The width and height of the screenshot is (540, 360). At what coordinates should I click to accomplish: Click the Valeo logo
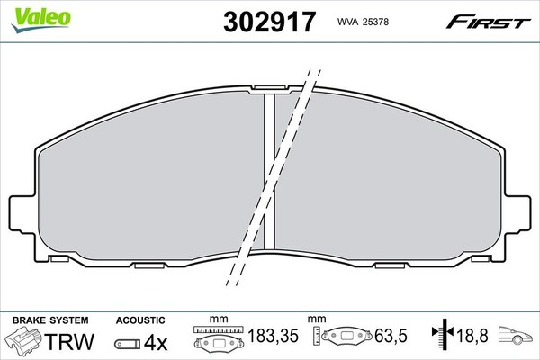tap(41, 19)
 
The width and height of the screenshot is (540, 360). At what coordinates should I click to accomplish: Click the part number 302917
tap(269, 22)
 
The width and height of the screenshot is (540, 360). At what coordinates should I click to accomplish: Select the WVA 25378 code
tap(363, 22)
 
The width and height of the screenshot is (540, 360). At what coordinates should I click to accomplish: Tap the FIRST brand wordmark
tap(489, 22)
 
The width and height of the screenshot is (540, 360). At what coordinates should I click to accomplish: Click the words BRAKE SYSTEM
tap(50, 320)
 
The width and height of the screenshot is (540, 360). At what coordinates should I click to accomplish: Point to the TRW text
tap(69, 341)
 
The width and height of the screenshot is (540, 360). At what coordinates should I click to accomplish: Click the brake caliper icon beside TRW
tap(24, 339)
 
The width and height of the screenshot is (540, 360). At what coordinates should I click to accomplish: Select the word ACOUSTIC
tap(140, 320)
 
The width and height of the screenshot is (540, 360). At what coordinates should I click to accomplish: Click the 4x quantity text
tap(156, 342)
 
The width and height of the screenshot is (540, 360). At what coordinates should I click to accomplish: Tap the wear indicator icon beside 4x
tap(128, 344)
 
